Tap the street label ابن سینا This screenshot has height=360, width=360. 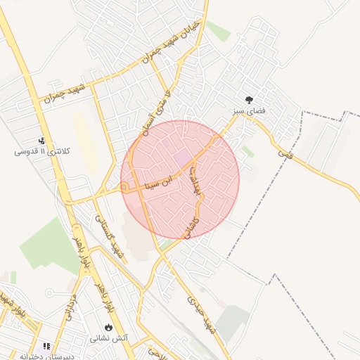(x=145, y=186)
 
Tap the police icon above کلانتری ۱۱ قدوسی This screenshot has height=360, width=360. (x=41, y=141)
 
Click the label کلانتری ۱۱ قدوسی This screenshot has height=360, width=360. (x=40, y=151)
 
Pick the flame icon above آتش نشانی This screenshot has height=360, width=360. (x=108, y=328)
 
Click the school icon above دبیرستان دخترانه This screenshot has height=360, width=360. (x=47, y=346)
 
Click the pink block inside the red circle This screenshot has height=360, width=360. (x=181, y=157)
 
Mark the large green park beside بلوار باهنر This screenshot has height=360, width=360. (x=49, y=246)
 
